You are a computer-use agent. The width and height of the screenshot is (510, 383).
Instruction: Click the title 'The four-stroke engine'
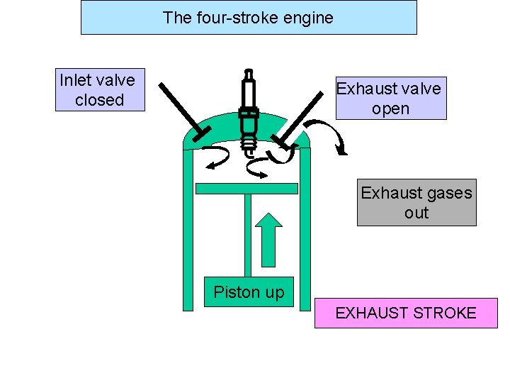pyautogui.click(x=248, y=18)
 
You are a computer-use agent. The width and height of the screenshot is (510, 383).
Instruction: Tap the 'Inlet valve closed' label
pyautogui.click(x=99, y=90)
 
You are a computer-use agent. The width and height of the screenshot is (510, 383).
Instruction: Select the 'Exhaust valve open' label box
pyautogui.click(x=391, y=98)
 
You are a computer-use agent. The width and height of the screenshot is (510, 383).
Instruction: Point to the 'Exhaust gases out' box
pyautogui.click(x=416, y=202)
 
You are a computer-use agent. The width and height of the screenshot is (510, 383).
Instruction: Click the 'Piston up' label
pyautogui.click(x=249, y=292)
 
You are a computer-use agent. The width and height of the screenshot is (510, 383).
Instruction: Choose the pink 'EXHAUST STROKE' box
pyautogui.click(x=406, y=313)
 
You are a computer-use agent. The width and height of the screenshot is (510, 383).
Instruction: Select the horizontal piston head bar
pyautogui.click(x=246, y=189)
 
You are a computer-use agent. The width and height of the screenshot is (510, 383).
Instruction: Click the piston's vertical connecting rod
pyautogui.click(x=248, y=234)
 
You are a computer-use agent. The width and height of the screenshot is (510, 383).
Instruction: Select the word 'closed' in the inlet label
pyautogui.click(x=99, y=100)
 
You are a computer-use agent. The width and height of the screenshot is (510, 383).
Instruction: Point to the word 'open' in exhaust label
pyautogui.click(x=391, y=109)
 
